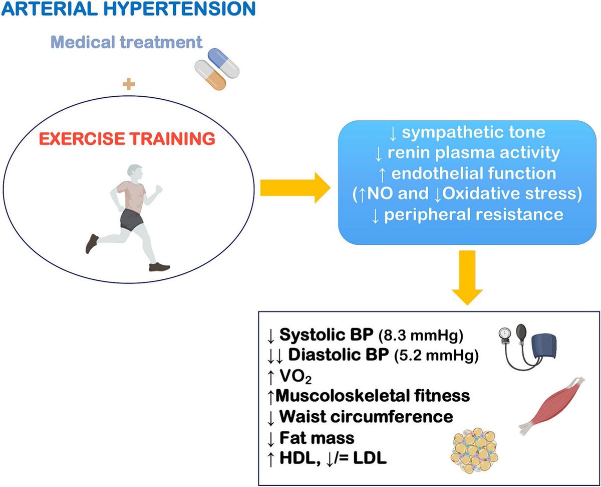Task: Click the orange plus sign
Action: tap(129, 84)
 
